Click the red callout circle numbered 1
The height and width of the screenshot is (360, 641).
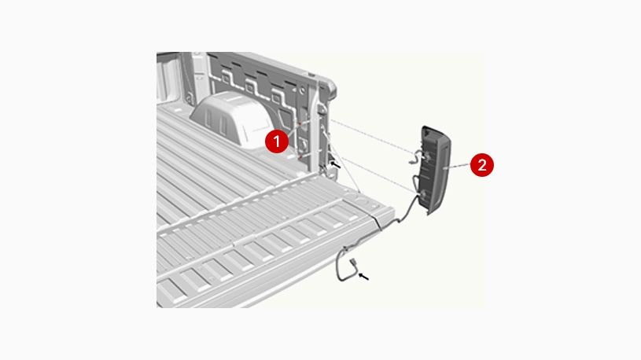[x=274, y=141]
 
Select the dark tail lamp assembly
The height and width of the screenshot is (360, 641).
[x=436, y=168]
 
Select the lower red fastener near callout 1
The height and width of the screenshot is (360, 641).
[x=302, y=155]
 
